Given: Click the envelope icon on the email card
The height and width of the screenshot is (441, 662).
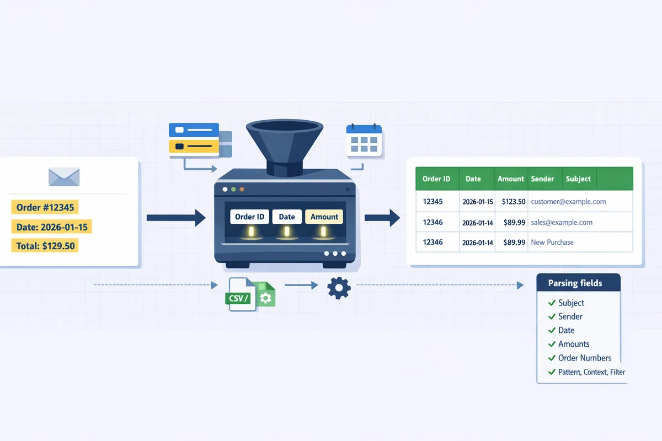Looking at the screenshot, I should click(x=64, y=176).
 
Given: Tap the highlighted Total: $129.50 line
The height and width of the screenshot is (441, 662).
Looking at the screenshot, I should click(x=46, y=245).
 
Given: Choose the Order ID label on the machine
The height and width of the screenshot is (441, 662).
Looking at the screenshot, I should click(x=249, y=217).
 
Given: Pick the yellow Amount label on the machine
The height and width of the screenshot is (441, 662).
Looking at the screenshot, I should click(x=324, y=217).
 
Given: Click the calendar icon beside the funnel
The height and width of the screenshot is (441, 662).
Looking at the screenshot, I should click(x=364, y=142).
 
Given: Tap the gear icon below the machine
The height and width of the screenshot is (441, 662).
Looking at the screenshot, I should click(x=338, y=287).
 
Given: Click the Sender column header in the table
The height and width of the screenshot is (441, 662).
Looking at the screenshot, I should click(x=542, y=179).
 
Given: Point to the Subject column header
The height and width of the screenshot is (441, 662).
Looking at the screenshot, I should click(x=578, y=179).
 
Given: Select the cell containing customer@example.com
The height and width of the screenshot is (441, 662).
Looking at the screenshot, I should click(x=568, y=202).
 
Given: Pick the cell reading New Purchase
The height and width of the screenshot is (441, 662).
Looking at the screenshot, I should click(x=552, y=242).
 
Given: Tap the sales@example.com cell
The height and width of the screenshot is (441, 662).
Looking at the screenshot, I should click(x=562, y=222).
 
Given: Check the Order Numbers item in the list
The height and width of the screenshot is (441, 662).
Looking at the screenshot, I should click(x=584, y=358).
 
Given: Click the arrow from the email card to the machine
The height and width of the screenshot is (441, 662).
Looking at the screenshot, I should click(x=175, y=218).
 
